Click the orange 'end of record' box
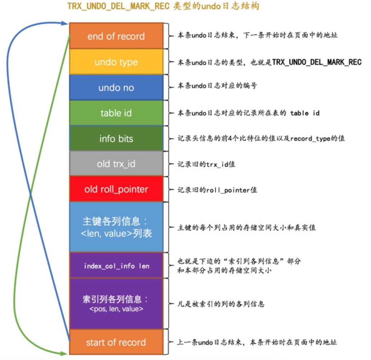116,36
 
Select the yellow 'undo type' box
116,62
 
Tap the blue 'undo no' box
116,87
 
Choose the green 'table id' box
116,113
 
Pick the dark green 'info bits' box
116,138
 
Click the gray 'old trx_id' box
116,163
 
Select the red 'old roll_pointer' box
116,189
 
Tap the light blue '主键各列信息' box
116,227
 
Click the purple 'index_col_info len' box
116,266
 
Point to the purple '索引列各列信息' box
116,304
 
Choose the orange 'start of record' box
116,342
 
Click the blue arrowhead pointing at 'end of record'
64,23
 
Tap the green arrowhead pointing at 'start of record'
64,354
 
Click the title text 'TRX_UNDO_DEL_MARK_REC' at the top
118,6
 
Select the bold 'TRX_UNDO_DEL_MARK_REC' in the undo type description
317,62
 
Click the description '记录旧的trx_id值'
206,164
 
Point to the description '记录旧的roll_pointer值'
217,190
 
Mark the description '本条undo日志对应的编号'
217,86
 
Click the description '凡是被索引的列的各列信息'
221,304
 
